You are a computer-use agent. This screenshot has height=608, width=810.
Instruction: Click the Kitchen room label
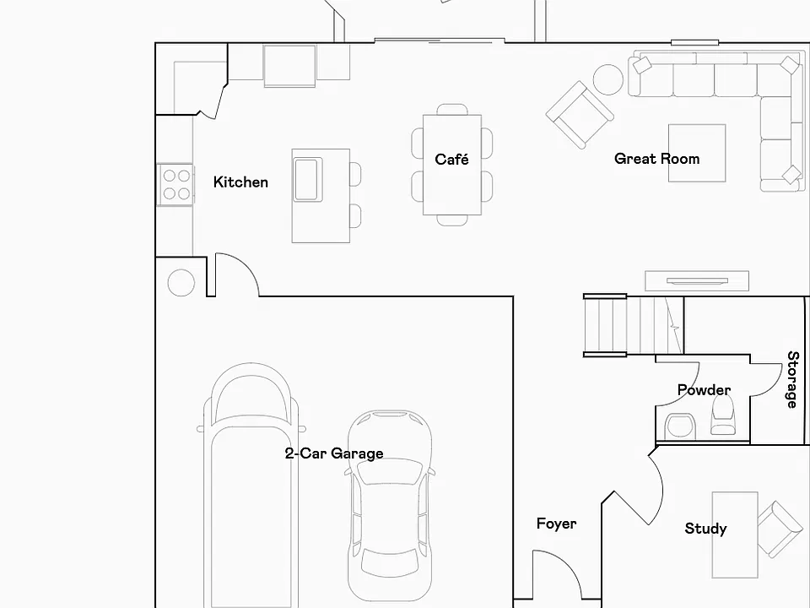(x=240, y=182)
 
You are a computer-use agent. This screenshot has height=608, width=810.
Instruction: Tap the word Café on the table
(x=452, y=159)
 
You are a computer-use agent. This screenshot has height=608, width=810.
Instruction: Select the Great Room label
(x=657, y=159)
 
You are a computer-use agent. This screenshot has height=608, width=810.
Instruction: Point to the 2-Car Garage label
(x=334, y=453)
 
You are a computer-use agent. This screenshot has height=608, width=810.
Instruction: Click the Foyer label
(x=556, y=524)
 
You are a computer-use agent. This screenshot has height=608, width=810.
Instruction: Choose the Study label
(x=705, y=529)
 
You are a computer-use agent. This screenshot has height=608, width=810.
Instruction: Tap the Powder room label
(x=704, y=389)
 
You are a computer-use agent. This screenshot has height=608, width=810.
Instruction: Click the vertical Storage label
(x=792, y=379)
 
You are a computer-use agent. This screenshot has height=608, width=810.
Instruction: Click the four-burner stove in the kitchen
(x=175, y=185)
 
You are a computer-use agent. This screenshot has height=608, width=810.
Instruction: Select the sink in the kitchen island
(x=309, y=179)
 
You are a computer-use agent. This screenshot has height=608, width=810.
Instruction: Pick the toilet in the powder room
(x=723, y=416)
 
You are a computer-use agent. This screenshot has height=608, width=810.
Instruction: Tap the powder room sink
(x=680, y=426)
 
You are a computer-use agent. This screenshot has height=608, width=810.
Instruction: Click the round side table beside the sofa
(x=608, y=79)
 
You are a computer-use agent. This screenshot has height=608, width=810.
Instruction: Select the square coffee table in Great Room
(x=697, y=153)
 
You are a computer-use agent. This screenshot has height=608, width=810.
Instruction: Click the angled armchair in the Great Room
(x=580, y=115)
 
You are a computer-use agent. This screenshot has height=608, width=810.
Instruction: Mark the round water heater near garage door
(x=181, y=283)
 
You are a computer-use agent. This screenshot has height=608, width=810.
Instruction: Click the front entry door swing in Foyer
(x=557, y=575)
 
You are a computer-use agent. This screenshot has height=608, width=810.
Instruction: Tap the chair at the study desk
(x=780, y=529)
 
